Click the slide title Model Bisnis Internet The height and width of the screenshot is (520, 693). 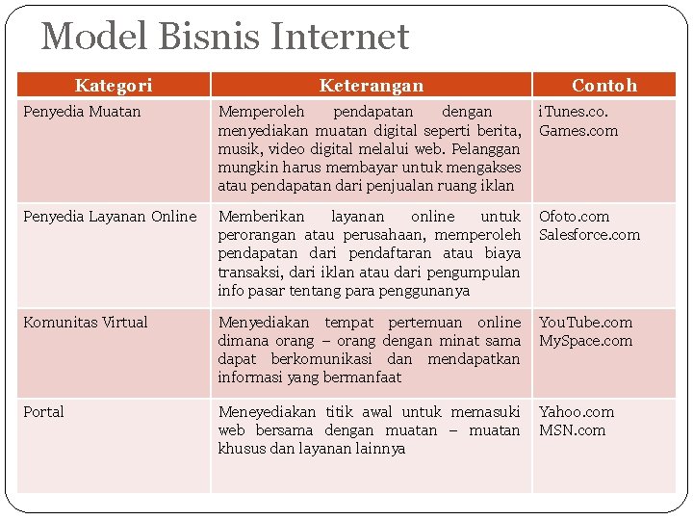[x=225, y=38]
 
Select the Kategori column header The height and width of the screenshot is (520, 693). [x=114, y=86]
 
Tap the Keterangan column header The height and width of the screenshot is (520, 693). [x=371, y=86]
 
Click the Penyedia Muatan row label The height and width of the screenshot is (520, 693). [x=82, y=112]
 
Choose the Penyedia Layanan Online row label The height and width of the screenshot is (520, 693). [x=110, y=217]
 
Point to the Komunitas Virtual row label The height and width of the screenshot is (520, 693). [x=86, y=323]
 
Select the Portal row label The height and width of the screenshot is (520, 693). [x=43, y=412]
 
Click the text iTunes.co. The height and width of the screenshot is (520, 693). [x=574, y=113]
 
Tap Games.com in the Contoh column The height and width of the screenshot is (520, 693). [x=578, y=131]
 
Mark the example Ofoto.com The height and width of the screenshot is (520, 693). [x=574, y=217]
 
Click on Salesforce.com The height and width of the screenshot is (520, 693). [x=589, y=235]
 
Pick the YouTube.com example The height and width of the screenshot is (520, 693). [x=585, y=323]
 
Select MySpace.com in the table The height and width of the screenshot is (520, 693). [x=585, y=341]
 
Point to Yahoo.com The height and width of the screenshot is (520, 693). [x=576, y=412]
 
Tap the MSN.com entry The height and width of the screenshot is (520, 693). [x=572, y=430]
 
